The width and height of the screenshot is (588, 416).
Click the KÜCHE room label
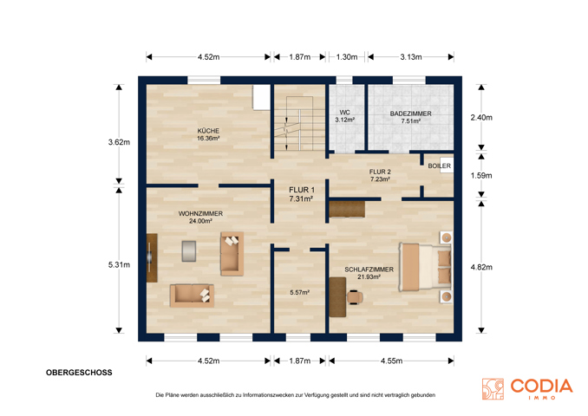208,131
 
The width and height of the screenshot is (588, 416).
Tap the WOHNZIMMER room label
200,213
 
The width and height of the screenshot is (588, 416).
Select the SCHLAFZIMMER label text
369,270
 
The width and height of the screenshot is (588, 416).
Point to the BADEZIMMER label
410,114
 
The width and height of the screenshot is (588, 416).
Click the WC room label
344,113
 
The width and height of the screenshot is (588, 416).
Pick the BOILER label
440,166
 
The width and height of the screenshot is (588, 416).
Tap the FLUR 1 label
302,190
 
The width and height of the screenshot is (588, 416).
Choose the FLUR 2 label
380,172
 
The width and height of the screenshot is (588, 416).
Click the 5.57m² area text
299,292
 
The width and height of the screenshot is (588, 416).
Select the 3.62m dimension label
119,142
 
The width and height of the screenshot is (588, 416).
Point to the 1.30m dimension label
347,57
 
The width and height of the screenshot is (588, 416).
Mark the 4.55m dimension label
391,361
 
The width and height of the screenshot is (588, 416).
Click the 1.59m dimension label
481,175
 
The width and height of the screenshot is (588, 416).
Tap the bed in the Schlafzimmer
425,267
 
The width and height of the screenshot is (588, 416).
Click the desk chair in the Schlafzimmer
355,297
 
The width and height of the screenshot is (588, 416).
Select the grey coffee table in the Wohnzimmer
189,250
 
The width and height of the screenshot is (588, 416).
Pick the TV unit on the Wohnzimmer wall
152,258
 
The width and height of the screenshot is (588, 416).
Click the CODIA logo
527,389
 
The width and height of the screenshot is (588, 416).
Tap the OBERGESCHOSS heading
79,373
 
